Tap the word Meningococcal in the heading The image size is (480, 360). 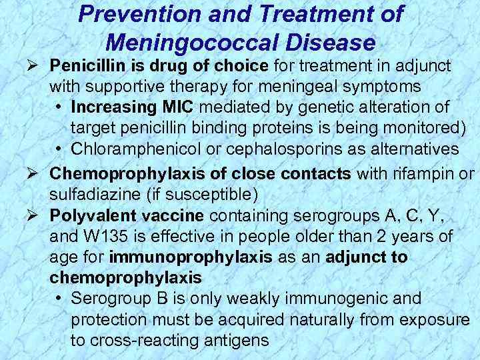pos(199,43)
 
